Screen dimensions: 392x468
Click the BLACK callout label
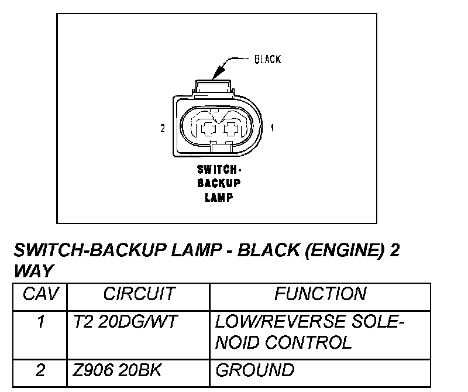coord(267,59)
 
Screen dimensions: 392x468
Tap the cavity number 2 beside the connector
coord(163,129)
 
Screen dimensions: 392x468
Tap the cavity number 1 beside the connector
coord(273,127)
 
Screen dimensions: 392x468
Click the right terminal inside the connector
coord(232,128)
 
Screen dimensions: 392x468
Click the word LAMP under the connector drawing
coord(219,197)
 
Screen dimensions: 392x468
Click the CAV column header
coord(40,294)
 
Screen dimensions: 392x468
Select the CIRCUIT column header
coord(139,294)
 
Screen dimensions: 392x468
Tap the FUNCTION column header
coord(320,294)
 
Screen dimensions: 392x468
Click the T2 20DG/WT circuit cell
coord(125,322)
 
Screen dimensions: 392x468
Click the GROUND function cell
coord(255,370)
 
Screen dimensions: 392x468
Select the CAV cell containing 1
coord(40,322)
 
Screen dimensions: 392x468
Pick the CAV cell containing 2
coord(40,370)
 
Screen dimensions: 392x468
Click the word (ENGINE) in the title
coord(345,251)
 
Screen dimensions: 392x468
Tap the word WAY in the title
coord(33,271)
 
